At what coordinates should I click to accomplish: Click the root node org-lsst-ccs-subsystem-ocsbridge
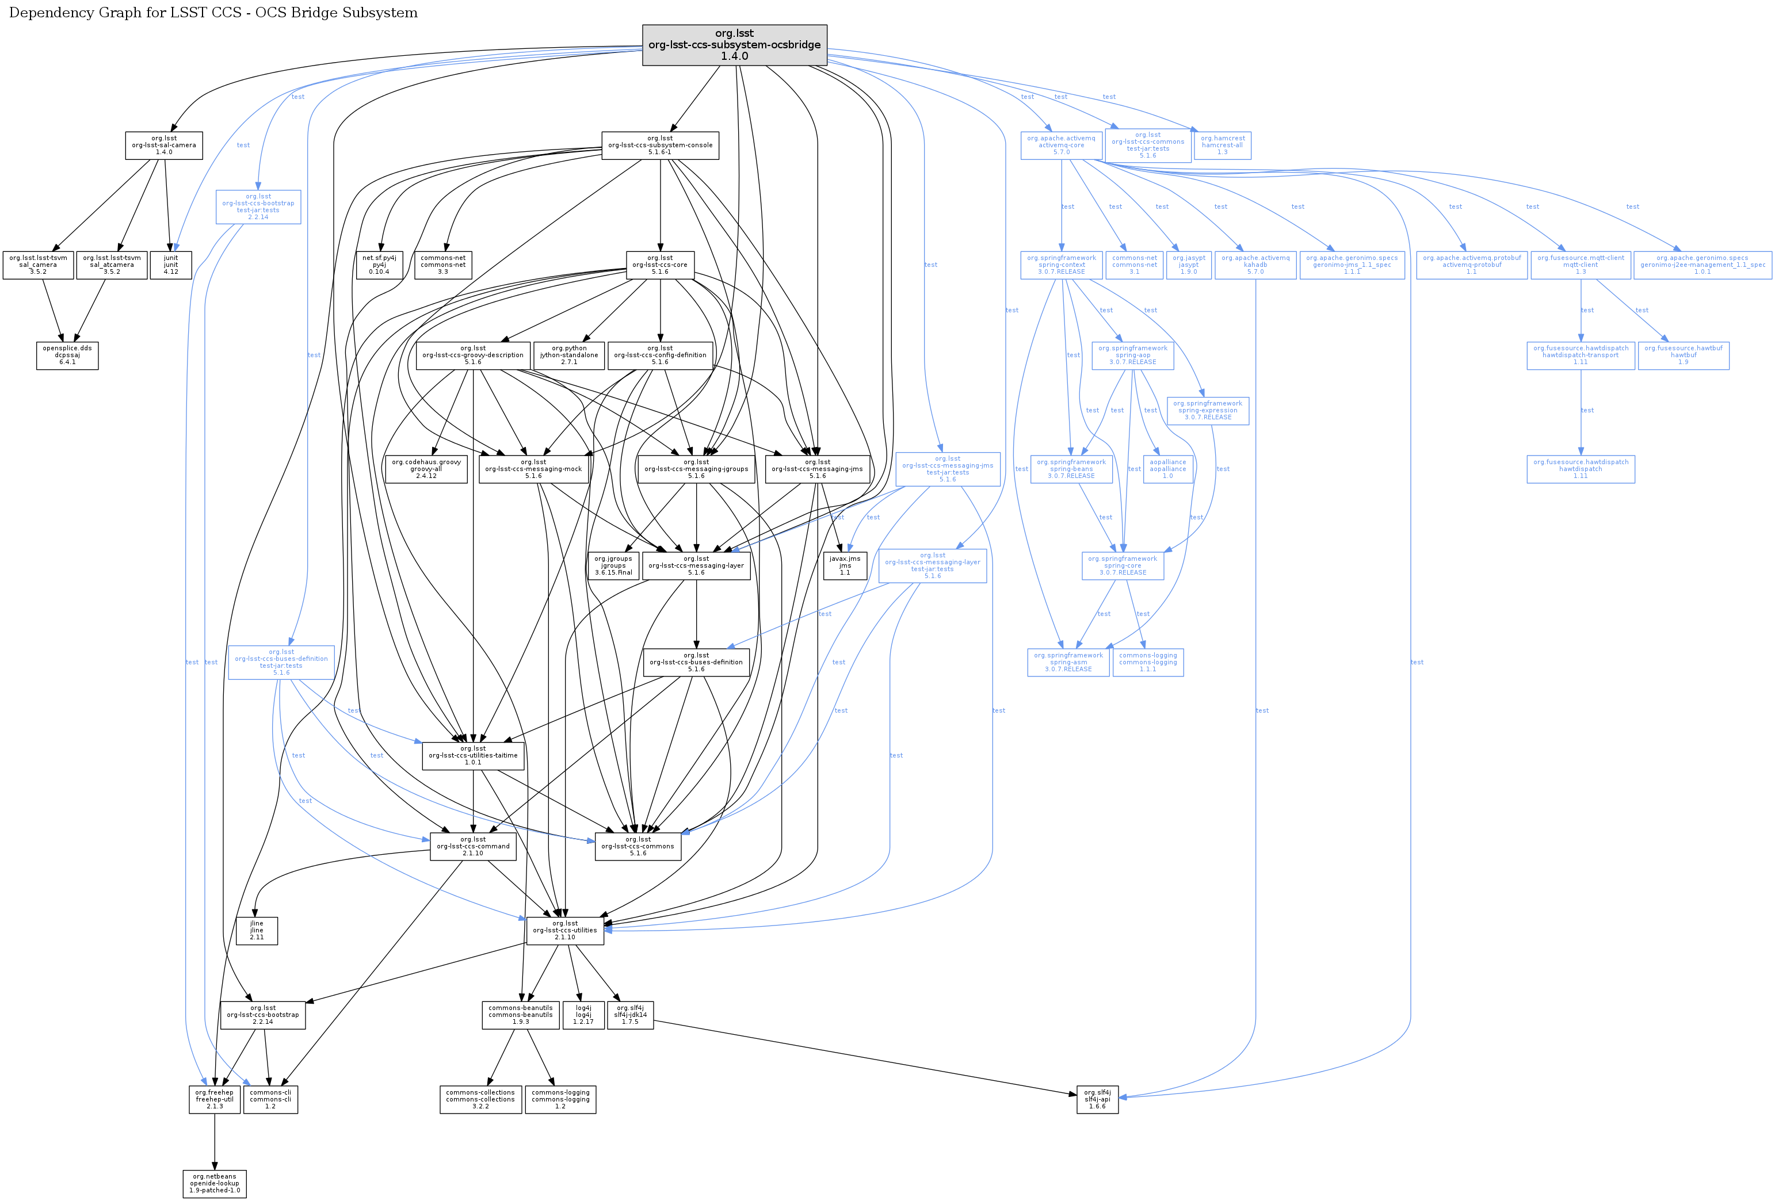coord(734,45)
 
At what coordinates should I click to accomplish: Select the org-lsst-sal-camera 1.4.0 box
coord(163,145)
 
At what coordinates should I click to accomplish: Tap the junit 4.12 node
coord(170,265)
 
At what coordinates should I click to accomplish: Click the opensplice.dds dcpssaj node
coord(67,355)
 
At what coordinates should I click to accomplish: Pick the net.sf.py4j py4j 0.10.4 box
coord(379,265)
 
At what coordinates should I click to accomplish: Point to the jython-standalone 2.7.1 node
coord(569,355)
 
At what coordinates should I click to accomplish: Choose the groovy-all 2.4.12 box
coord(426,469)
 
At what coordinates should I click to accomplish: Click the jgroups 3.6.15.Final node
coord(613,566)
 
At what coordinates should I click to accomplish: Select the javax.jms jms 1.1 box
coord(845,566)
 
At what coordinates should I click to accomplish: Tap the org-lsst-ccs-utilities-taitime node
coord(473,755)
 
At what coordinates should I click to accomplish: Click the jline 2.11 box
coord(257,930)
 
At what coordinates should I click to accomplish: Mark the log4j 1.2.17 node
coord(583,1015)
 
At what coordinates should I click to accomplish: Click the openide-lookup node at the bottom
coord(215,1183)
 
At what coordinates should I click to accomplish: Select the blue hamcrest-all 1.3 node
coord(1222,145)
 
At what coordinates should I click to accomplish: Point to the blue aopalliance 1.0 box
coord(1168,469)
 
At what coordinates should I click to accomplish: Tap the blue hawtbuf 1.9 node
coord(1684,355)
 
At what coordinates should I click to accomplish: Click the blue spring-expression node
coord(1208,410)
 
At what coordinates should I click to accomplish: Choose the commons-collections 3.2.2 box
coord(480,1099)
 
